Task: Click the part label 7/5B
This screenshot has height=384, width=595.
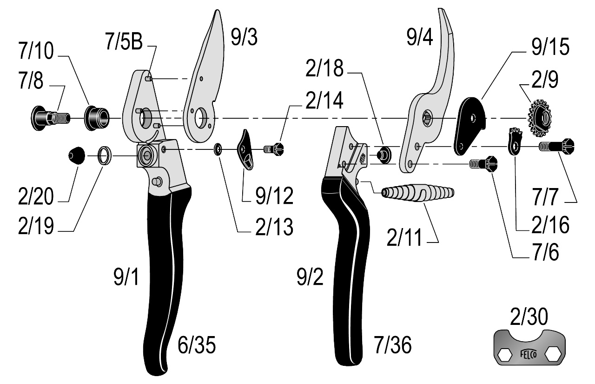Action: (x=124, y=41)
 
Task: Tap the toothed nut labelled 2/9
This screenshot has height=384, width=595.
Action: (x=540, y=119)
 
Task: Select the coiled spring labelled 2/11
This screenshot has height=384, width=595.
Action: (x=417, y=193)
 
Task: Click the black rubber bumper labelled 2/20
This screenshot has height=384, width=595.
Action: (x=77, y=155)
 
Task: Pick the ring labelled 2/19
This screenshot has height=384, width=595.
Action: (x=105, y=156)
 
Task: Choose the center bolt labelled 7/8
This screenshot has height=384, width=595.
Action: (x=51, y=118)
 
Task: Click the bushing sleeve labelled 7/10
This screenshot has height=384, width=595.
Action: (x=97, y=118)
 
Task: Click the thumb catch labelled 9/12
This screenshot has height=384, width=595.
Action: (x=246, y=150)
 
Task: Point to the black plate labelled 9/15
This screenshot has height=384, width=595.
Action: (x=469, y=126)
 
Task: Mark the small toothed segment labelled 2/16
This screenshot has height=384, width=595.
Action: (x=515, y=141)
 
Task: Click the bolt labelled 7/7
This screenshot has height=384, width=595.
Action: (x=557, y=146)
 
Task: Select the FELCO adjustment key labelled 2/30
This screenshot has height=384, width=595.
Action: (x=529, y=347)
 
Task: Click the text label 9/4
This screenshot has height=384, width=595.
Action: (x=420, y=37)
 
